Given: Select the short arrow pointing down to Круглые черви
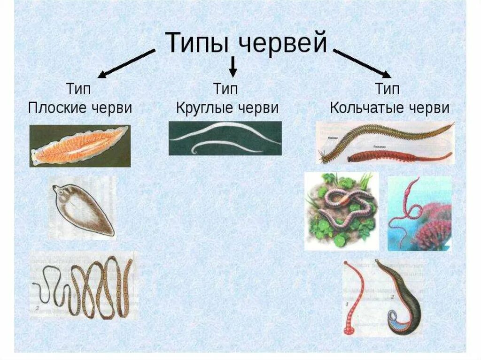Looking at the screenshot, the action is click(x=233, y=66).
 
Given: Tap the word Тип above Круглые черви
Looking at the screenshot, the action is click(x=226, y=88).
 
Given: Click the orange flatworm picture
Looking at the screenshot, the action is click(x=79, y=146).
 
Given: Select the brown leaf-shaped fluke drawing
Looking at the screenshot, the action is click(x=83, y=208).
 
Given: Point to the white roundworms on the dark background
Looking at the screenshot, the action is click(x=225, y=138).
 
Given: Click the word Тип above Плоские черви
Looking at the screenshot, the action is click(x=79, y=88).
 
